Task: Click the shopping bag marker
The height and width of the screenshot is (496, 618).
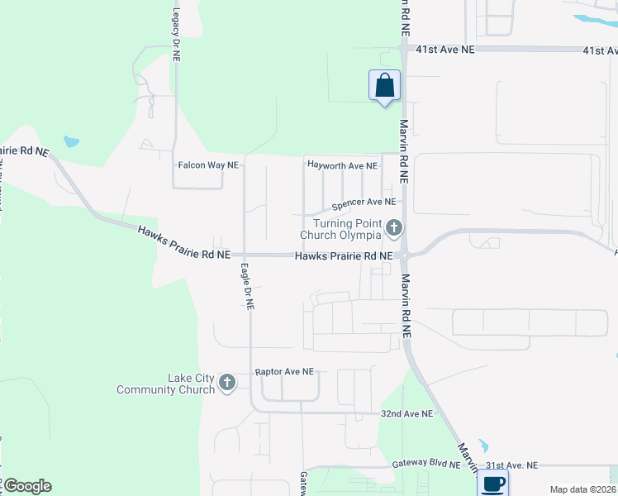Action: click(x=384, y=85)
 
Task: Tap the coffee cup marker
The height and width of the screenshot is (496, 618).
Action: click(x=493, y=484)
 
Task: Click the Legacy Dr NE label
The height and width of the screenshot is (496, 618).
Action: click(x=176, y=38)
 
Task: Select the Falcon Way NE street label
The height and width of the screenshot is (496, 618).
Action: click(x=208, y=165)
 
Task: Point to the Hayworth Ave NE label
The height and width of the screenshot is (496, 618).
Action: click(x=342, y=165)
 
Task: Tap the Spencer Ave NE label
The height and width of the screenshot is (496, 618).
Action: click(x=364, y=202)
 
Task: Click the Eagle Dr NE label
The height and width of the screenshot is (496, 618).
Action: click(x=247, y=286)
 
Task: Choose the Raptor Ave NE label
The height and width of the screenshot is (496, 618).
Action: click(x=285, y=372)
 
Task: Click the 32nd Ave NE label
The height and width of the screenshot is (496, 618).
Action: click(x=406, y=413)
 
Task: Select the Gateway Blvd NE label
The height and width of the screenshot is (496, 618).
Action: click(x=426, y=465)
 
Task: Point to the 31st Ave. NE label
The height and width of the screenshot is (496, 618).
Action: click(x=511, y=465)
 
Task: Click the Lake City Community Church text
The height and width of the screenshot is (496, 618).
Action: click(x=166, y=384)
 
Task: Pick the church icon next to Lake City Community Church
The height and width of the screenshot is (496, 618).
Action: click(x=227, y=383)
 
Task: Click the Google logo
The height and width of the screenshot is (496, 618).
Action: click(x=27, y=486)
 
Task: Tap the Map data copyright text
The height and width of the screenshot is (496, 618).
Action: click(x=582, y=489)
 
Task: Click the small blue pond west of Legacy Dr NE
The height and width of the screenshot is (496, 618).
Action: click(x=71, y=141)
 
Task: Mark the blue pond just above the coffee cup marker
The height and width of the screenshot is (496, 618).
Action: click(x=483, y=444)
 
